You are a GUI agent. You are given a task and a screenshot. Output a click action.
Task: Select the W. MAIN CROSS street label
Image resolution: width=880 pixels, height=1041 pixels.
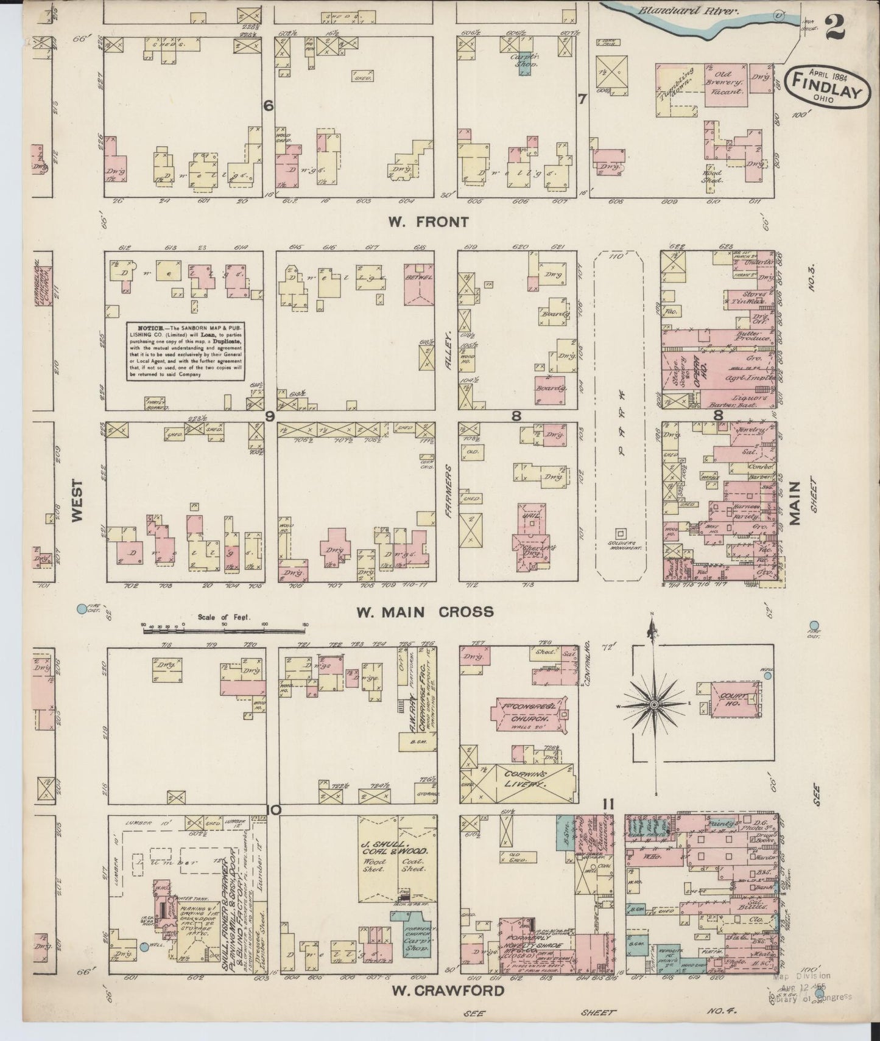(x=424, y=611)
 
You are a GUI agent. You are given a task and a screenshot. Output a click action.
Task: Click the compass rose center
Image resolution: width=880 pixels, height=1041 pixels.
(x=653, y=704)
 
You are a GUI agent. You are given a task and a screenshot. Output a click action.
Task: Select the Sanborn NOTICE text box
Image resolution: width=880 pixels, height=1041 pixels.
(x=186, y=351)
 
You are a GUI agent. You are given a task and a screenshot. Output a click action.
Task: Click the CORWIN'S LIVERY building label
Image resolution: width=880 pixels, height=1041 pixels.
(x=527, y=780)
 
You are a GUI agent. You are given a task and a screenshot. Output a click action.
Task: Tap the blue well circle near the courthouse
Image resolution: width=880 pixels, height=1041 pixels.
(x=768, y=675)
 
